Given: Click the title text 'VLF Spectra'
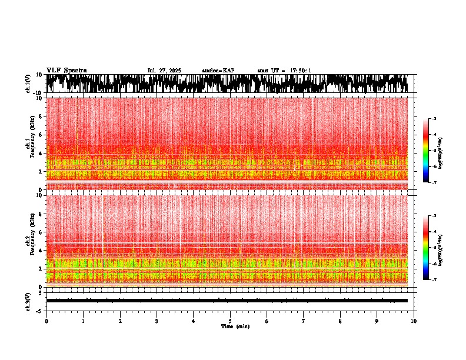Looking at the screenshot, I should point(66,70).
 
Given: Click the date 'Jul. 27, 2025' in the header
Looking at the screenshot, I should point(164,71).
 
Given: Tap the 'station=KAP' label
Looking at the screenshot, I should point(218,71).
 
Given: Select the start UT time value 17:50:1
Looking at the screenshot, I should point(300,71).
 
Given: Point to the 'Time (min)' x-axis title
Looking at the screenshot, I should point(235,326).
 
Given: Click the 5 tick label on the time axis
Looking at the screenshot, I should point(230,321).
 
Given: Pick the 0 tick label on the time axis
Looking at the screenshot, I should point(46,321).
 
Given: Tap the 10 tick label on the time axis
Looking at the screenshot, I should point(414,321).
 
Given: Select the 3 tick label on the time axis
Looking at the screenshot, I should point(157,321).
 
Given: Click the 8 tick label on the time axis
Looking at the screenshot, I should point(340,321).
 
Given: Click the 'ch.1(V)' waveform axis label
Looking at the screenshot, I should point(29,84).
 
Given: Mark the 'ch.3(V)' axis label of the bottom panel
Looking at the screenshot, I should point(29,301).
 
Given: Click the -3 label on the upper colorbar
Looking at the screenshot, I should point(434,119).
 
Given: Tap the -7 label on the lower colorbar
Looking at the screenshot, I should point(434,280).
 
